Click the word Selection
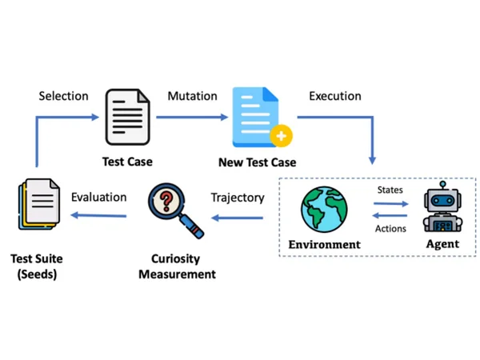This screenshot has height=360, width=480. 64,96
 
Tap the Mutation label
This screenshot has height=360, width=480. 192,96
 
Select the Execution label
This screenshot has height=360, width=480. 335,96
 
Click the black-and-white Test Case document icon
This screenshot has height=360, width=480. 127,117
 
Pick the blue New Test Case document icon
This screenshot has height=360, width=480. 259,117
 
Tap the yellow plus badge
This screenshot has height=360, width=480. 281,136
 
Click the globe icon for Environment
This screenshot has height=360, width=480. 324,210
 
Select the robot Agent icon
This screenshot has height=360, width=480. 442,206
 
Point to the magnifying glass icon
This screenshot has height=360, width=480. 176,210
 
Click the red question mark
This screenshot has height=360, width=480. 166,201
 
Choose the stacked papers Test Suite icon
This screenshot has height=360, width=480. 39,203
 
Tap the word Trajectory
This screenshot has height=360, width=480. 238,198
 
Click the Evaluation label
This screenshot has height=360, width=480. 99,197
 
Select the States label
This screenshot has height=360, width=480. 390,190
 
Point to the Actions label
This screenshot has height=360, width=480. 390,229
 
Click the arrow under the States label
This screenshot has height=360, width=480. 391,203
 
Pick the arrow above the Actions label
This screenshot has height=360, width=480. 390,215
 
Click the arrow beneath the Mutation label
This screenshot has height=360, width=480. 192,117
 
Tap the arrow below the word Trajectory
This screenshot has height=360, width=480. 238,218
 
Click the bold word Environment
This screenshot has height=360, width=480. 325,245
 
